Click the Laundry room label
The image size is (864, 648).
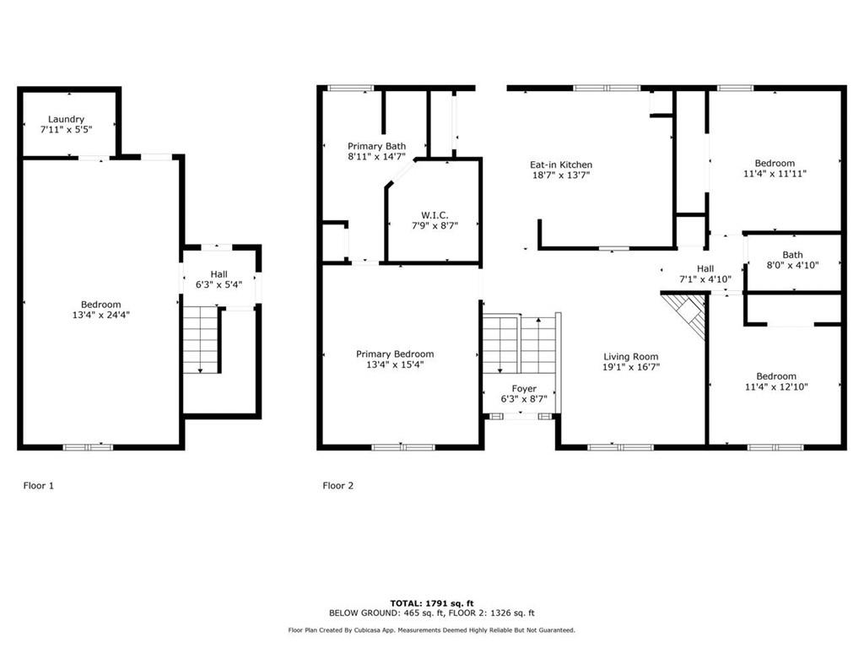pos(66,119)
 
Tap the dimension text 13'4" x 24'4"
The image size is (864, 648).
pos(100,315)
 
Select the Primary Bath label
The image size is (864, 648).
pos(377,145)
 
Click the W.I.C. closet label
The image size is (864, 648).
pos(435,214)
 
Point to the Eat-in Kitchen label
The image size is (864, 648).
pos(560,165)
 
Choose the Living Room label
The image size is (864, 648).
pos(630,356)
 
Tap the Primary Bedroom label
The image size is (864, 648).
pos(395,354)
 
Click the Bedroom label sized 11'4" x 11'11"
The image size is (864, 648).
pos(774,163)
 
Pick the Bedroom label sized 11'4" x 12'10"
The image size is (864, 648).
pos(775,376)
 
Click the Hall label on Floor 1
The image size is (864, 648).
pos(219,273)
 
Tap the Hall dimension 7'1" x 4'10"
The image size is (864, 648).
pos(705,279)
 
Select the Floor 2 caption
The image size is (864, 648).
pos(337,485)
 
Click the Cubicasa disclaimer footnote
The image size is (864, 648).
pos(431,629)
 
